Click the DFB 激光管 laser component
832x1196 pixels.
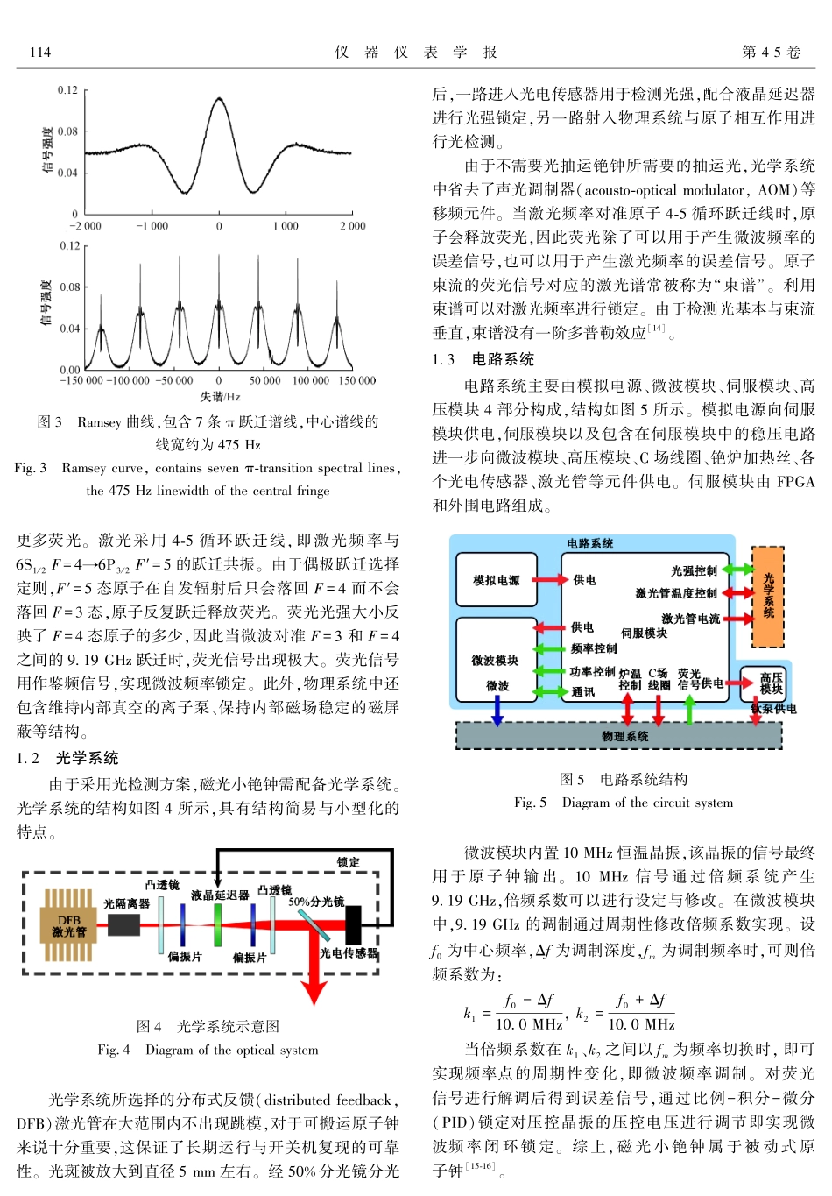(x=68, y=926)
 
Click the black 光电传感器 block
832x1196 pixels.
(x=353, y=925)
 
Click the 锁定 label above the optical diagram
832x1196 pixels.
(x=348, y=862)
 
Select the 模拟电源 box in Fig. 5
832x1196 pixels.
(x=497, y=580)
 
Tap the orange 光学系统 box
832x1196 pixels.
(x=768, y=596)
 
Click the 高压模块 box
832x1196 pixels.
(x=771, y=683)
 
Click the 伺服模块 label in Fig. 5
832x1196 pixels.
(x=644, y=633)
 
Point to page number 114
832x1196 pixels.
(x=40, y=53)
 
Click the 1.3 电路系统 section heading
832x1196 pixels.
(x=483, y=359)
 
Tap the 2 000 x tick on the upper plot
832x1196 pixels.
(x=352, y=226)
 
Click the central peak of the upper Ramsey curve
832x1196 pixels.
(x=219, y=100)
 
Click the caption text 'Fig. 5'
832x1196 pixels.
(x=530, y=803)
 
